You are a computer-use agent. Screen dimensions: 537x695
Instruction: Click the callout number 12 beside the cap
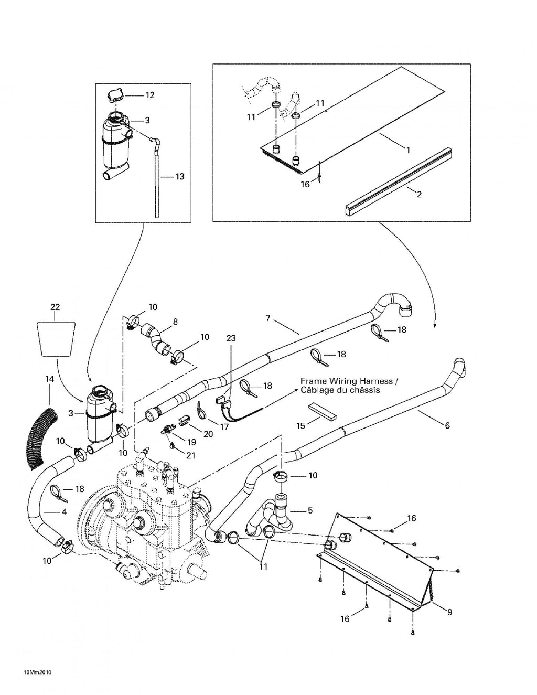pos(150,95)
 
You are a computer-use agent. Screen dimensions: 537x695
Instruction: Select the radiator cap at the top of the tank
pos(114,95)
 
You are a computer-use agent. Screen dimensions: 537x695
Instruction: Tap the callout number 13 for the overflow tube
pos(180,176)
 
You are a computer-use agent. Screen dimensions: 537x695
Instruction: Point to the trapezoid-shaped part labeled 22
pos(55,338)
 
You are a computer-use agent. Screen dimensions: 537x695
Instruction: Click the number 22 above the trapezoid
pos(55,307)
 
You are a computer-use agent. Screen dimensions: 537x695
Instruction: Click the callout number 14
pos(49,379)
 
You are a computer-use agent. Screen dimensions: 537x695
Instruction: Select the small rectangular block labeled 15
pos(322,411)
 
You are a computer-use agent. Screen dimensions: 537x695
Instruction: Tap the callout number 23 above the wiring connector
pos(231,338)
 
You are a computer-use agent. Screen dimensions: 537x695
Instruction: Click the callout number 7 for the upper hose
pos(268,318)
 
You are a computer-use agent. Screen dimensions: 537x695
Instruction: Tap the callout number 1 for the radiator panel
pos(407,150)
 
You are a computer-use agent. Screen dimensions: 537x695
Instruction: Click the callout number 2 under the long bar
pos(420,194)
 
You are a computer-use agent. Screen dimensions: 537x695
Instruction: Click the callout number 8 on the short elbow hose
pos(175,322)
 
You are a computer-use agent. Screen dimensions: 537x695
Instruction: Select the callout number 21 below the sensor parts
pos(190,455)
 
